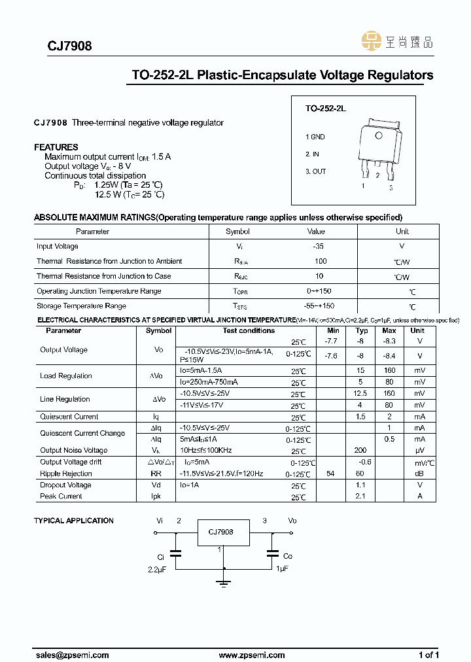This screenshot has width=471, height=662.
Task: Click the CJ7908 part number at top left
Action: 69,46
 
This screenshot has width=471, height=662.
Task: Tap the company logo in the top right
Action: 397,43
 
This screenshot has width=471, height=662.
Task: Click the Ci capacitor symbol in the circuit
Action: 175,553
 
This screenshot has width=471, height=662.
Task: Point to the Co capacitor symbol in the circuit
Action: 272,553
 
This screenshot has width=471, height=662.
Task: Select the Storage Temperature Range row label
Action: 82,306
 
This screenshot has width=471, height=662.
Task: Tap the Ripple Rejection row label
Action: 66,474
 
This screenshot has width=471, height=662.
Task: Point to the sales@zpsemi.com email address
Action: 71,655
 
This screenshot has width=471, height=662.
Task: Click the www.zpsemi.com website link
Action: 252,655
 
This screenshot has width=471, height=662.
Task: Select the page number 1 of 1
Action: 428,655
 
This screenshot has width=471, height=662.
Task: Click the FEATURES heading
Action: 56,147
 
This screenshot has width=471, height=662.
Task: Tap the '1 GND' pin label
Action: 315,137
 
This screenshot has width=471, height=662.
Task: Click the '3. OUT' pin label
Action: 315,171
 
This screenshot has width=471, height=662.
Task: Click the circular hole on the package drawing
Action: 378,135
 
